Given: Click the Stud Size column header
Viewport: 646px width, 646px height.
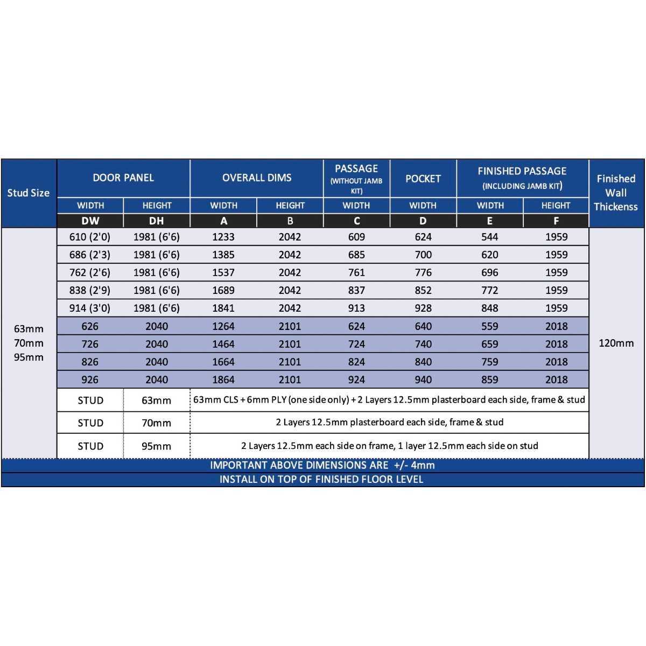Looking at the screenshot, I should pyautogui.click(x=29, y=193).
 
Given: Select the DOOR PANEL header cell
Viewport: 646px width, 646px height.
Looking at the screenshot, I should pyautogui.click(x=123, y=178).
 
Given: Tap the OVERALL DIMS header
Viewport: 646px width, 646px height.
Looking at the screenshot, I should pyautogui.click(x=257, y=178).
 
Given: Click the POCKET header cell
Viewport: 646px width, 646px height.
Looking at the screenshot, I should pyautogui.click(x=423, y=179).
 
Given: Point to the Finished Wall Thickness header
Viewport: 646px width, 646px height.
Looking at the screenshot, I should pyautogui.click(x=616, y=193).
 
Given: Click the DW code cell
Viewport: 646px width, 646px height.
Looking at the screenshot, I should pyautogui.click(x=90, y=221).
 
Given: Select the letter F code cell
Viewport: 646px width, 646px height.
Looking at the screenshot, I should pyautogui.click(x=556, y=221).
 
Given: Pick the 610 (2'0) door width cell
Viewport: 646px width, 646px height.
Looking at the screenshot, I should pyautogui.click(x=90, y=237).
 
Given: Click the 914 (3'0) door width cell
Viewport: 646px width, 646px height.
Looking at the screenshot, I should pyautogui.click(x=90, y=308).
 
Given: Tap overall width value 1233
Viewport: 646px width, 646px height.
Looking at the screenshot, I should pyautogui.click(x=223, y=237).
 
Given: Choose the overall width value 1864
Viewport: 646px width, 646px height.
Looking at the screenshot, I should pyautogui.click(x=223, y=380).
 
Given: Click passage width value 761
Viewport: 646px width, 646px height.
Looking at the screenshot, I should pyautogui.click(x=356, y=272).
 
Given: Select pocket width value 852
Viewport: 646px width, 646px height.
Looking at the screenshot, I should pyautogui.click(x=423, y=290).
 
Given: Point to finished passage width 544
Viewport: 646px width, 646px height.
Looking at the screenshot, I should pyautogui.click(x=490, y=237).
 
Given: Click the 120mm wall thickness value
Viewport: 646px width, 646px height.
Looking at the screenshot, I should pyautogui.click(x=616, y=343).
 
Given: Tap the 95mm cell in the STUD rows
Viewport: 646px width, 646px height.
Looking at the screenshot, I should pyautogui.click(x=157, y=446).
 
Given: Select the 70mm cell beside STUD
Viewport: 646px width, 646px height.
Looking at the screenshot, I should pyautogui.click(x=157, y=423).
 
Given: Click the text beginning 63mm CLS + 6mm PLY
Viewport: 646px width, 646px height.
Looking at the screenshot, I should pyautogui.click(x=389, y=400).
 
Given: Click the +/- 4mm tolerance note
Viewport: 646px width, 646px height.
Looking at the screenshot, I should pyautogui.click(x=322, y=465).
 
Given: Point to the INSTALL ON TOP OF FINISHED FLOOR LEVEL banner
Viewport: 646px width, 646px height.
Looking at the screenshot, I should pyautogui.click(x=321, y=479).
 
